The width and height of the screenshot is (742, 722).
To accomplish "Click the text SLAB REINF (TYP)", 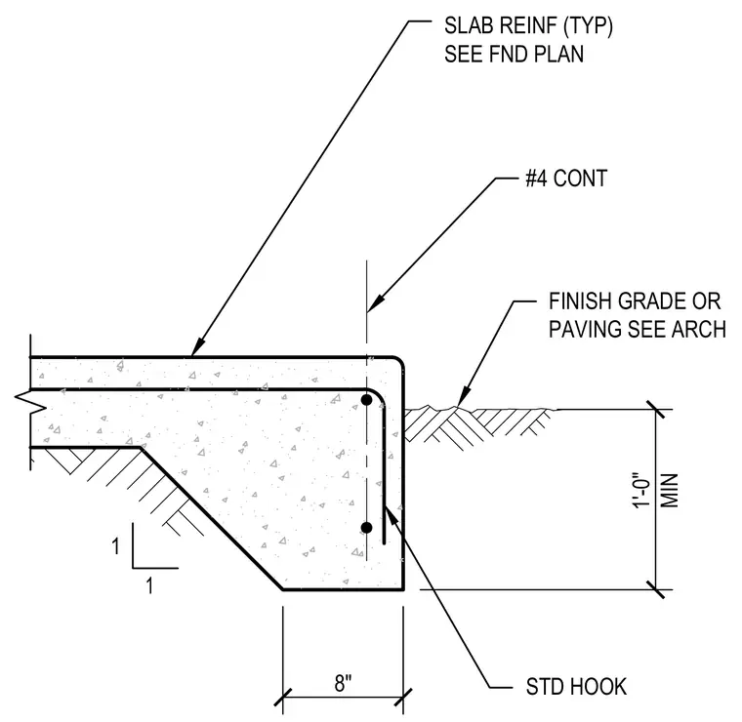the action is coord(528,25).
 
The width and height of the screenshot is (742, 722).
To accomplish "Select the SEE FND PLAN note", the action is coord(514,54).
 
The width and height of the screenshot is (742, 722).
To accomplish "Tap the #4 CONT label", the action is coord(566,179).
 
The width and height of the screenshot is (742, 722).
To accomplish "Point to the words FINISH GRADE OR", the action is coord(635,301).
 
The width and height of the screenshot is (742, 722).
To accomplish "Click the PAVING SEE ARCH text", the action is coord(638,329).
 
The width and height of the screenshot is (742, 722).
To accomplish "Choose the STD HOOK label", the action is coord(576,687).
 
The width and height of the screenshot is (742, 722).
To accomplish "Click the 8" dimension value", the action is coord(343,683).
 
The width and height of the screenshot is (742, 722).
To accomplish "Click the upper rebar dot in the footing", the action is coord(366,400).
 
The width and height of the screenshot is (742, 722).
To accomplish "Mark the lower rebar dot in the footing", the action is coord(366,528).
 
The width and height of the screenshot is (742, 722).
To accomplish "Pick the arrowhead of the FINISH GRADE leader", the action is coord(464,396).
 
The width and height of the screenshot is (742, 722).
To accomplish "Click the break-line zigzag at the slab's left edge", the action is coord(30,402).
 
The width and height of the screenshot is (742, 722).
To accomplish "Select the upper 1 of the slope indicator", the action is coord(115,546).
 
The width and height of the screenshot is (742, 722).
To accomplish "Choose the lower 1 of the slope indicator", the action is coord(149,585).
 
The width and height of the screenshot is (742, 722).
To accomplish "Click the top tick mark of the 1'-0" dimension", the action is coord(656,410).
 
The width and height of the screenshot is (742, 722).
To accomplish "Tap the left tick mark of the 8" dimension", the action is coord(283,697).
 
